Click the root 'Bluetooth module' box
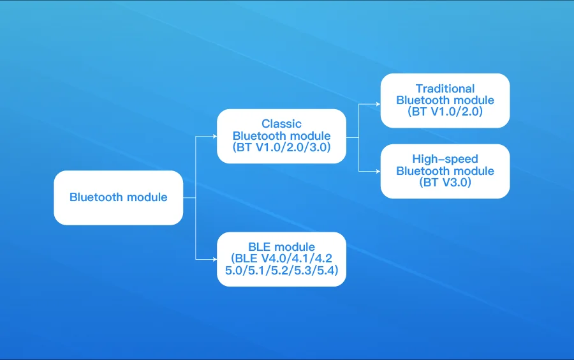pos(118,197)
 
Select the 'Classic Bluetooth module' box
pos(281,136)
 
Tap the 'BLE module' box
pos(281,259)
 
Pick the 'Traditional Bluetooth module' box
pos(445,100)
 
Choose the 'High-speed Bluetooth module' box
pos(445,171)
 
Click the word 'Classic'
pos(281,124)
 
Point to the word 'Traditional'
pos(445,89)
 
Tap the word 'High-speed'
pos(445,159)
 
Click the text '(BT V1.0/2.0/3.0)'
pos(281,147)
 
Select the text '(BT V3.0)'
pos(445,183)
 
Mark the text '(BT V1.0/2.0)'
pos(445,111)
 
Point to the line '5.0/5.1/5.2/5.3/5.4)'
pos(281,270)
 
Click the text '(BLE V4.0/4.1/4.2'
pos(281,258)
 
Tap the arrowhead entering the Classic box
pos(214,136)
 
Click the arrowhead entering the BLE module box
pos(214,259)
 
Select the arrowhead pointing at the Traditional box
pos(378,104)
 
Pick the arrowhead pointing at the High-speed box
pos(378,171)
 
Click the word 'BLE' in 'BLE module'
pos(259,247)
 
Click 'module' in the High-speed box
pos(476,171)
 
